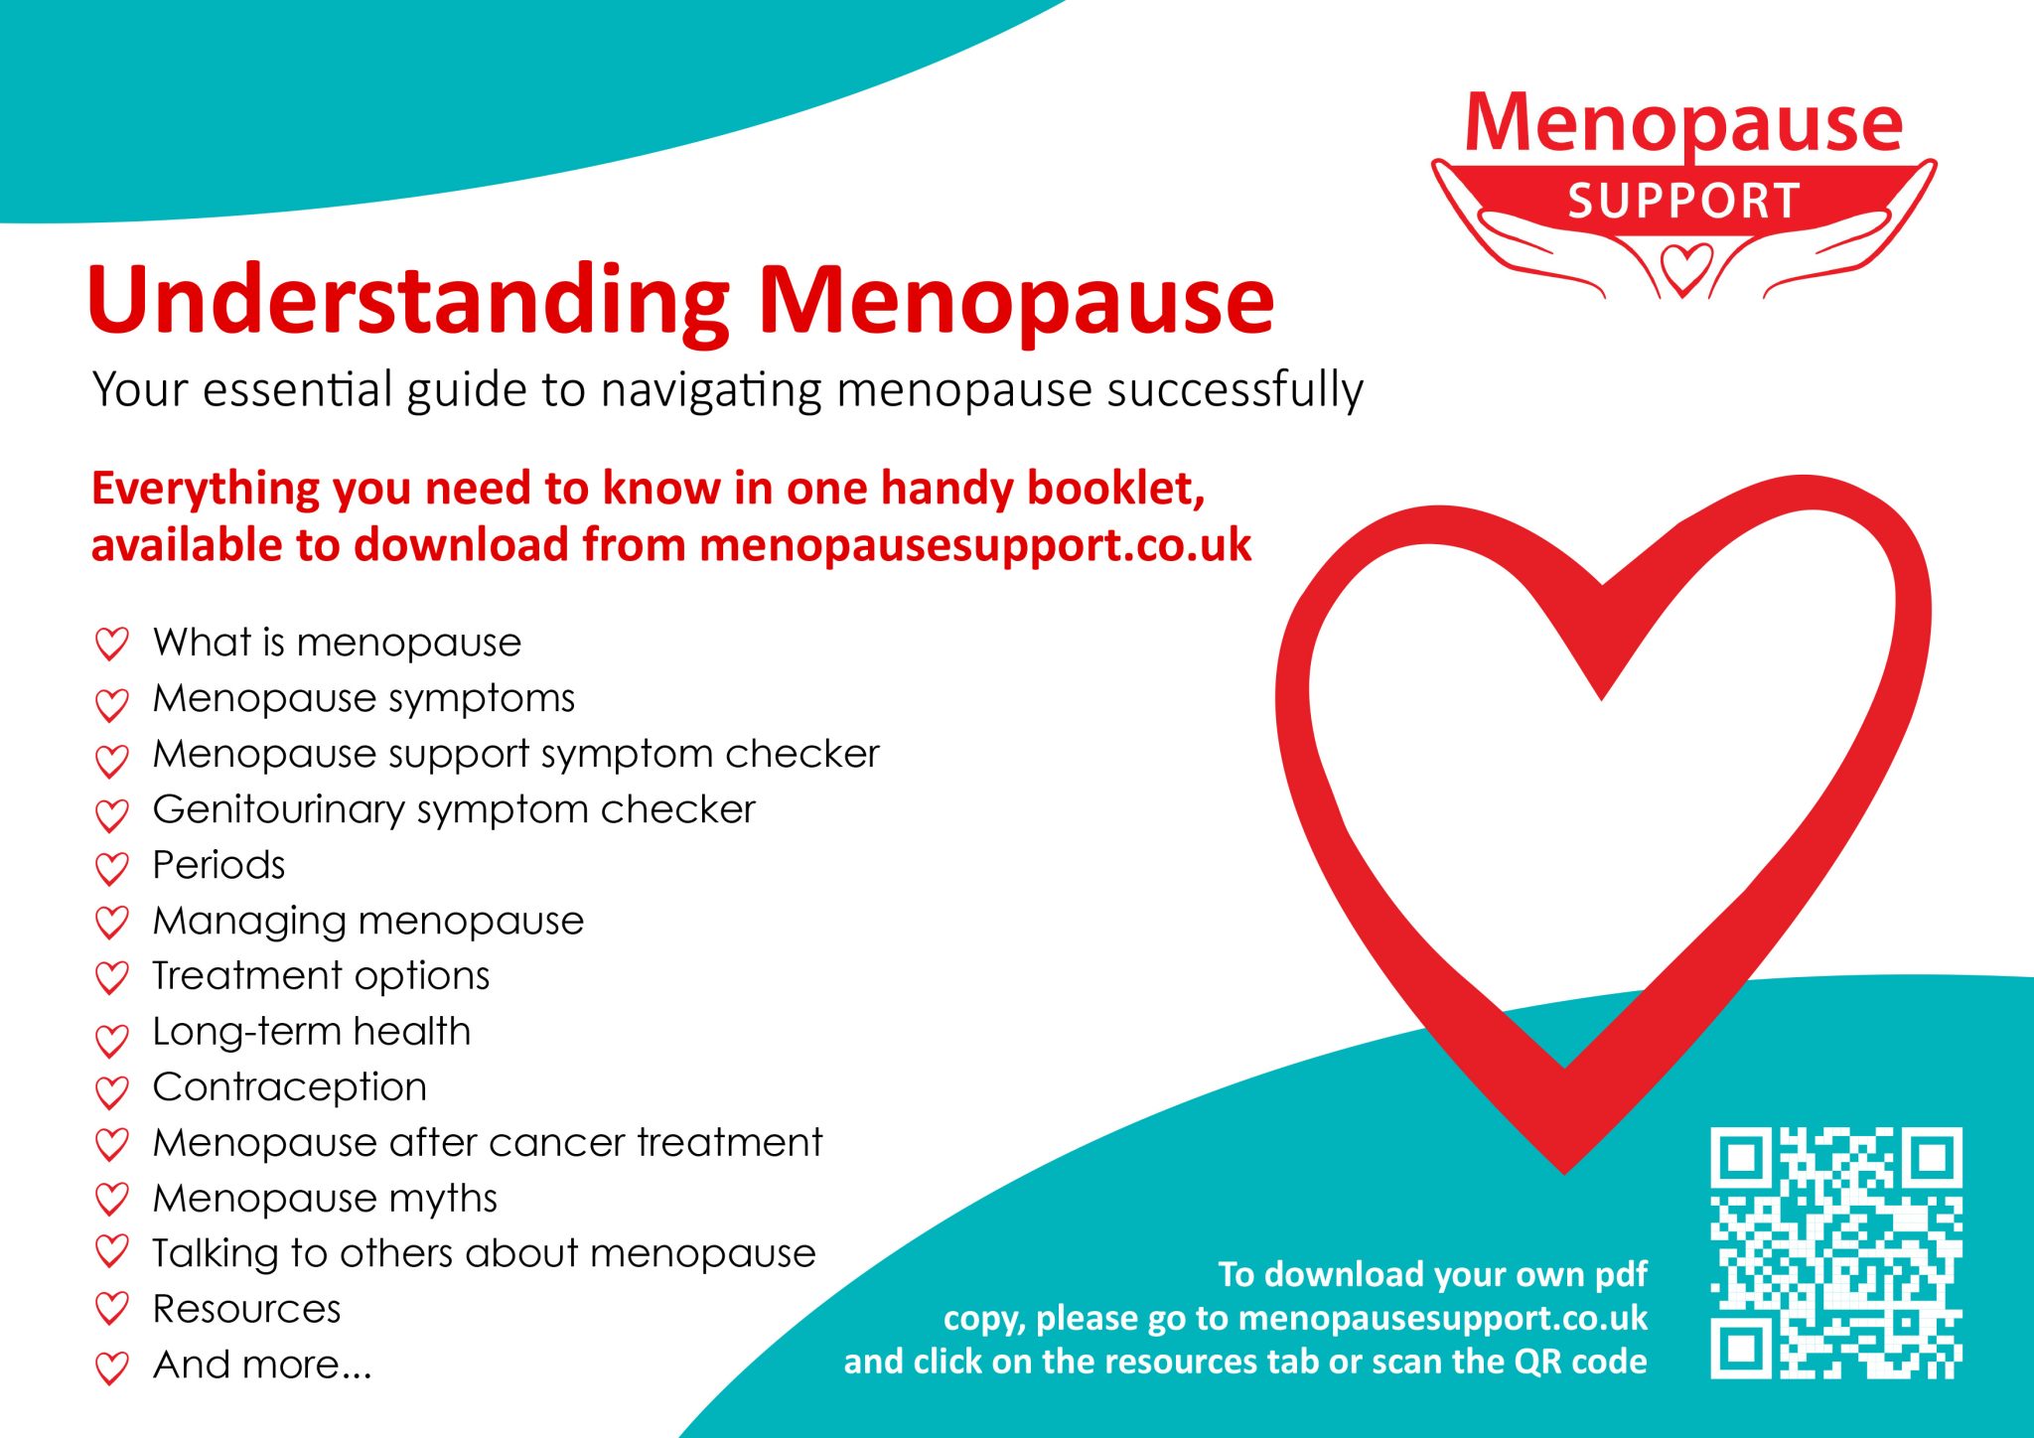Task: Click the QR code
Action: coord(1835,1252)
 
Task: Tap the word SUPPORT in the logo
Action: coord(1684,201)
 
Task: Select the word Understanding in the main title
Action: coord(408,301)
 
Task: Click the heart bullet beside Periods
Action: coord(111,868)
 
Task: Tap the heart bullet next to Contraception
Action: coord(111,1091)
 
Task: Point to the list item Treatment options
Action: coord(321,976)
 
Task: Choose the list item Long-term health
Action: coord(312,1032)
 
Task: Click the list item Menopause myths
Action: coord(325,1199)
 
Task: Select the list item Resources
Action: coord(246,1309)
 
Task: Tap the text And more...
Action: coord(262,1365)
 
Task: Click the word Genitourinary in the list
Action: coord(278,810)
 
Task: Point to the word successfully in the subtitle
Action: coord(1235,389)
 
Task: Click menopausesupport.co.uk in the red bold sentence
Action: coord(975,545)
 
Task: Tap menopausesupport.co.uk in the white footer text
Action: coord(1443,1318)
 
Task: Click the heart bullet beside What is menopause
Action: coord(111,645)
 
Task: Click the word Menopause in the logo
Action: coord(1684,124)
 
